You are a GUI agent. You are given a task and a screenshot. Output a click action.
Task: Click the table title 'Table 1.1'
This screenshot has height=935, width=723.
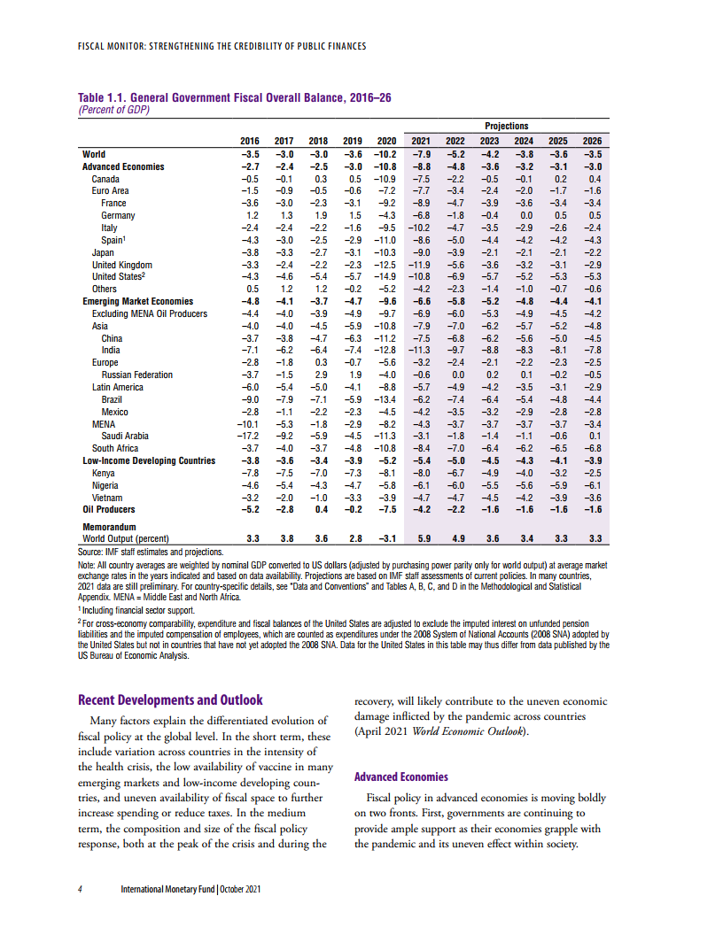pos(105,98)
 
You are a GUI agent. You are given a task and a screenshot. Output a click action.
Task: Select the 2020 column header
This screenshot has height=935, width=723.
pos(385,141)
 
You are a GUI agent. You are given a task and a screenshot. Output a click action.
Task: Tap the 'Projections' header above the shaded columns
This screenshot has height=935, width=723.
pos(506,127)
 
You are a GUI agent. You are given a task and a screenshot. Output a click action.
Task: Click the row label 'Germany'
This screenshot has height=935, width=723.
pos(118,215)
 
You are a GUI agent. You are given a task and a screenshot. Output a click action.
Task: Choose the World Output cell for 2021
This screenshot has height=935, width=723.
pos(423,537)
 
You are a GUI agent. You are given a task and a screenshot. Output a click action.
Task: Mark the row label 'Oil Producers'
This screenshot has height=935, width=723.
pos(109,510)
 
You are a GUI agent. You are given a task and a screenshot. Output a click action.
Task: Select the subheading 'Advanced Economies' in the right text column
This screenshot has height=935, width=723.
pos(400,777)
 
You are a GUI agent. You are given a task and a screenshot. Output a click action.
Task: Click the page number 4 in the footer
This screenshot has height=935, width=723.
pos(81,888)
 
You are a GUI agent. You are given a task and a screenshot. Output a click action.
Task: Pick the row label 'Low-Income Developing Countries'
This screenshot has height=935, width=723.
pos(148,460)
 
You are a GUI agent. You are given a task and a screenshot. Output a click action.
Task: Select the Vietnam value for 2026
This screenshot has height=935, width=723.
pos(592,498)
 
